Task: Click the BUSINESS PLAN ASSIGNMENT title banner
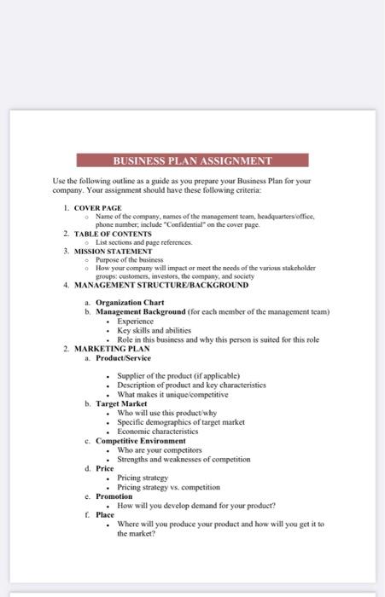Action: pyautogui.click(x=192, y=160)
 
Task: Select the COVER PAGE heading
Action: pyautogui.click(x=97, y=208)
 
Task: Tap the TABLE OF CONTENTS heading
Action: pyautogui.click(x=113, y=234)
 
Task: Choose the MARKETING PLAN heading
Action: pyautogui.click(x=112, y=349)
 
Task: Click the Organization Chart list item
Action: pyautogui.click(x=130, y=303)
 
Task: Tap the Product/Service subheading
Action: pyautogui.click(x=123, y=358)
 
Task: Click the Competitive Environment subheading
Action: pyautogui.click(x=140, y=441)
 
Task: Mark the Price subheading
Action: pyautogui.click(x=104, y=468)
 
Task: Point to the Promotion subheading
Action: pyautogui.click(x=114, y=496)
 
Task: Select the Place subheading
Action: pyautogui.click(x=104, y=515)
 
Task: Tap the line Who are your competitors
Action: pyautogui.click(x=160, y=450)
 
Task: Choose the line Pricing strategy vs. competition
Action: pyautogui.click(x=168, y=487)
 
